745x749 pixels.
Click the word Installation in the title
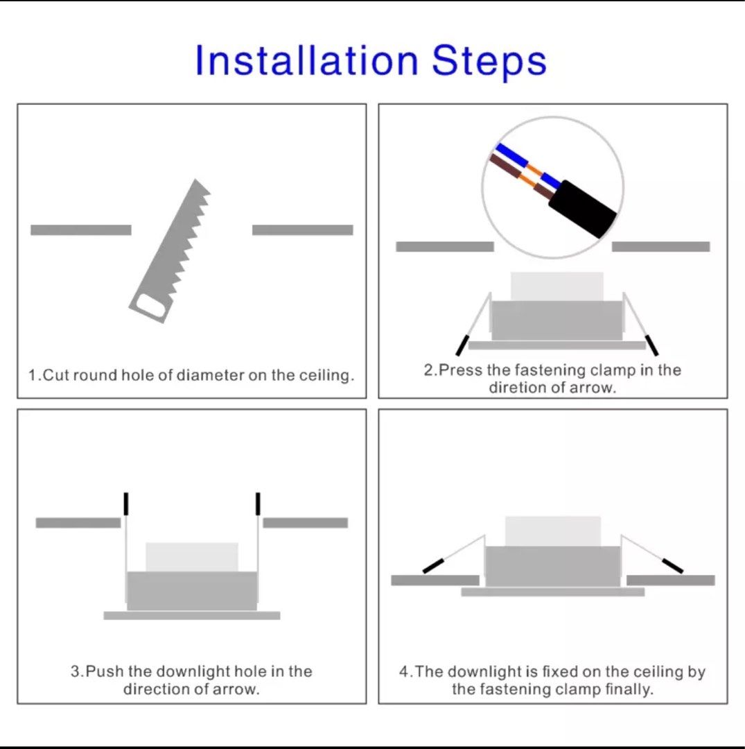coord(307,60)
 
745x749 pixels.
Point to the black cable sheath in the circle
coord(582,208)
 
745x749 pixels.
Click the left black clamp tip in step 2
coord(462,345)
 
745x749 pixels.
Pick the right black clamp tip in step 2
coord(652,345)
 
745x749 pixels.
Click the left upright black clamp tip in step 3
coord(126,504)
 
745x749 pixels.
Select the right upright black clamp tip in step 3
coord(258,504)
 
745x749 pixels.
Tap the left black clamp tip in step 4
coord(433,566)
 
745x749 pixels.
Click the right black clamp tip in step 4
coord(672,566)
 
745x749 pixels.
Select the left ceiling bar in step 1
coord(80,230)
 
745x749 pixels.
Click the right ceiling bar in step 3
coord(306,523)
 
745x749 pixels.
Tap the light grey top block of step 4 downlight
coord(552,531)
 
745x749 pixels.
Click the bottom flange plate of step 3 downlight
coord(192,615)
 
